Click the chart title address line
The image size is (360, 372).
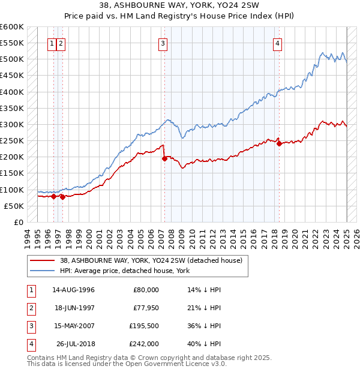(x=179, y=5)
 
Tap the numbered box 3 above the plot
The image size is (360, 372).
(x=163, y=43)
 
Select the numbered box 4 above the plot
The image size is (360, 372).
(x=278, y=43)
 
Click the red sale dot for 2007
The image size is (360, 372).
(x=164, y=159)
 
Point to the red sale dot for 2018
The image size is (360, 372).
(x=279, y=143)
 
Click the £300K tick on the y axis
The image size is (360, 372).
(x=13, y=125)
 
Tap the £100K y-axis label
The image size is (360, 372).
(x=13, y=190)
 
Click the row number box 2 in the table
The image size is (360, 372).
(x=29, y=308)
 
